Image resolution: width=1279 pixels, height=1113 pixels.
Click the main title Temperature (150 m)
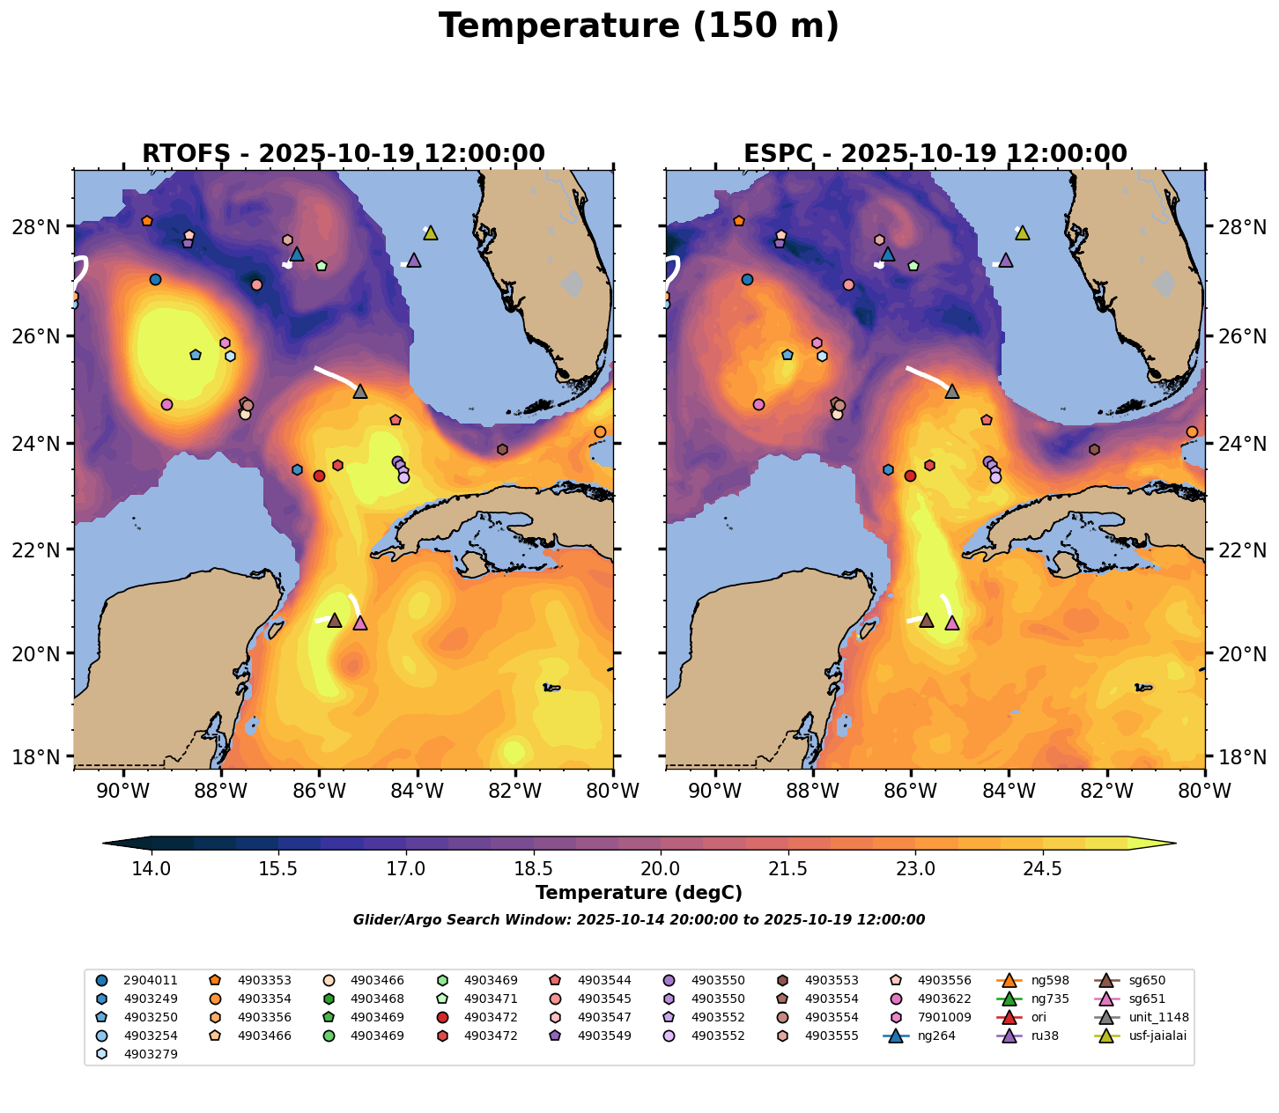pyautogui.click(x=639, y=26)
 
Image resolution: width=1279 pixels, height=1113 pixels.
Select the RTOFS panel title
pyautogui.click(x=344, y=153)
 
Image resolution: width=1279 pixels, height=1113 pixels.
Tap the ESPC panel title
pyautogui.click(x=935, y=153)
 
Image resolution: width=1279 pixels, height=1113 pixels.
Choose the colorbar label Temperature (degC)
pyautogui.click(x=639, y=893)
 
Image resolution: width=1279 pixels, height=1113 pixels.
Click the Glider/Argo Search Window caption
pyautogui.click(x=639, y=920)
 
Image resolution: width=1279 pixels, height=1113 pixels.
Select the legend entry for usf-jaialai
pyautogui.click(x=1146, y=1036)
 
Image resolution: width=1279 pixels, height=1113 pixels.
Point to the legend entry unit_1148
pyautogui.click(x=1146, y=1017)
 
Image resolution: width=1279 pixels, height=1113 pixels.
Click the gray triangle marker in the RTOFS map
pyautogui.click(x=359, y=391)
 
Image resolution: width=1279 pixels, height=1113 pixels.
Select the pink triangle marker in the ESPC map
pyautogui.click(x=951, y=623)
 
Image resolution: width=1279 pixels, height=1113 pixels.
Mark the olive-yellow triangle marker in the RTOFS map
pyautogui.click(x=430, y=232)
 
